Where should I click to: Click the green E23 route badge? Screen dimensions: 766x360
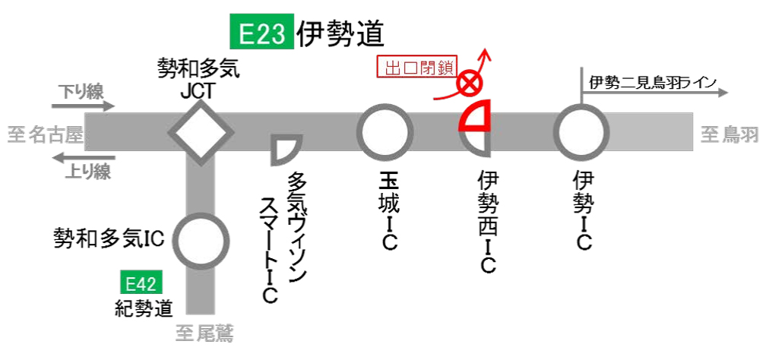(x=262, y=31)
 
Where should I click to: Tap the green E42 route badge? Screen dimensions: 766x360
(x=141, y=284)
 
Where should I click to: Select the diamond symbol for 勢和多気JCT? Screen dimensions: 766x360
(x=201, y=132)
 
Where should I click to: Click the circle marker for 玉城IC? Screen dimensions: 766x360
(x=385, y=131)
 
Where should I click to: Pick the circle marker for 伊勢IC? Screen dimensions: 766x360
(x=581, y=131)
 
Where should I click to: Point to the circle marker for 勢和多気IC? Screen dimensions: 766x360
(x=201, y=240)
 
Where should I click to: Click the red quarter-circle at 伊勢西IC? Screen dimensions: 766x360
(x=474, y=115)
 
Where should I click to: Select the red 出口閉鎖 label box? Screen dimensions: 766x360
(x=417, y=68)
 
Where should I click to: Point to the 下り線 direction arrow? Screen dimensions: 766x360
(x=83, y=106)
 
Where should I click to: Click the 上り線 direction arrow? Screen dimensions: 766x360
(x=83, y=158)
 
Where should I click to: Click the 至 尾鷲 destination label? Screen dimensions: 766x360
(x=204, y=334)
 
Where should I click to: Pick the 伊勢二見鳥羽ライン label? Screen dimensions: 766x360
(x=653, y=82)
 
